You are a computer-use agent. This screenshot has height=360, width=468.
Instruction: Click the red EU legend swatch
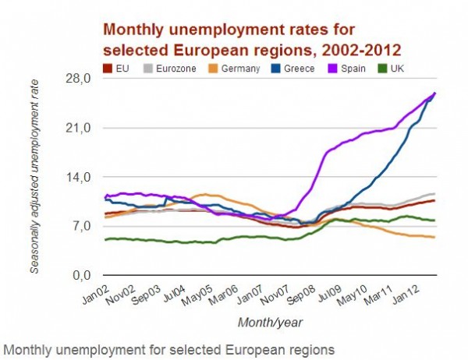click(109, 69)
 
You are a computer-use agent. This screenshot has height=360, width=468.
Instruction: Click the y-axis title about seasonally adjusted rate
click(34, 178)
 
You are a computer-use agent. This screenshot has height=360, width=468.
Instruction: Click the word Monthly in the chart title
click(133, 30)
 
